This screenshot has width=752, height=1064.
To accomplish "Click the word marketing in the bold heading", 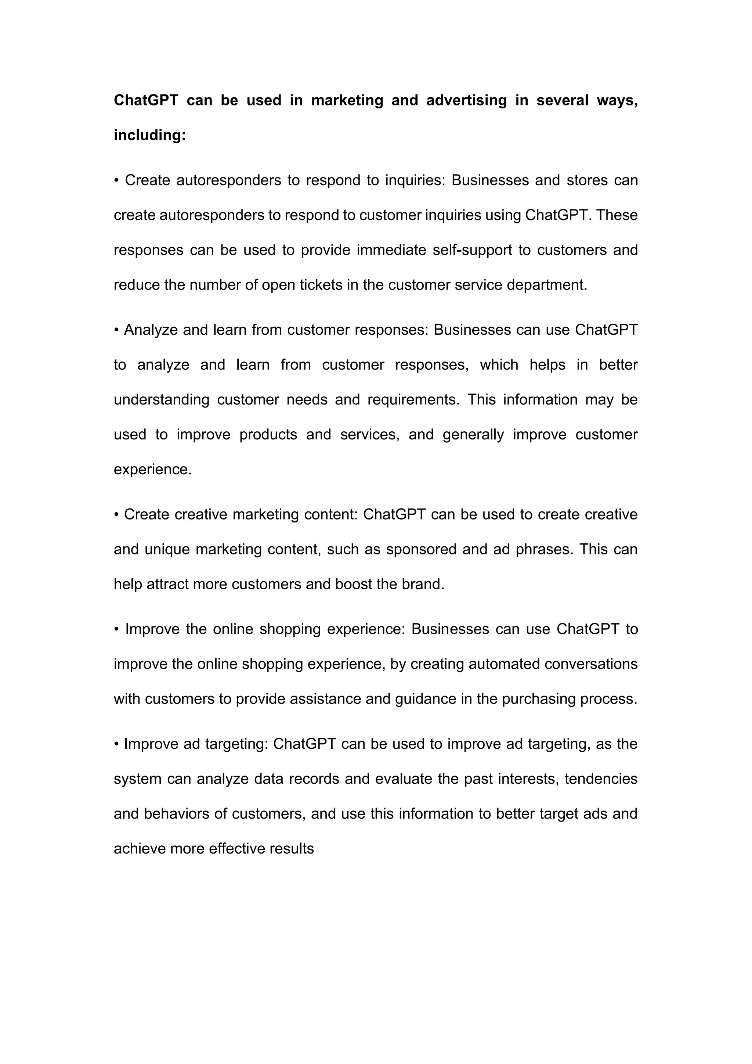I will click(x=347, y=101).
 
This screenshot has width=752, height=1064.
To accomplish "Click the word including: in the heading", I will click(x=149, y=135).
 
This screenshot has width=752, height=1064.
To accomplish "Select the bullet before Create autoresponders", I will click(x=117, y=180).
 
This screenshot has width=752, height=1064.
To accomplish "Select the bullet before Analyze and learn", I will click(x=117, y=330).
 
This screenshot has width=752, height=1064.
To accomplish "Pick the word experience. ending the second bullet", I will click(x=152, y=470).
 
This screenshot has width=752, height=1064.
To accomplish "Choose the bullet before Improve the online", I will click(x=117, y=629).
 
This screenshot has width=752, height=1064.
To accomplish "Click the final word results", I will click(x=292, y=849).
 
